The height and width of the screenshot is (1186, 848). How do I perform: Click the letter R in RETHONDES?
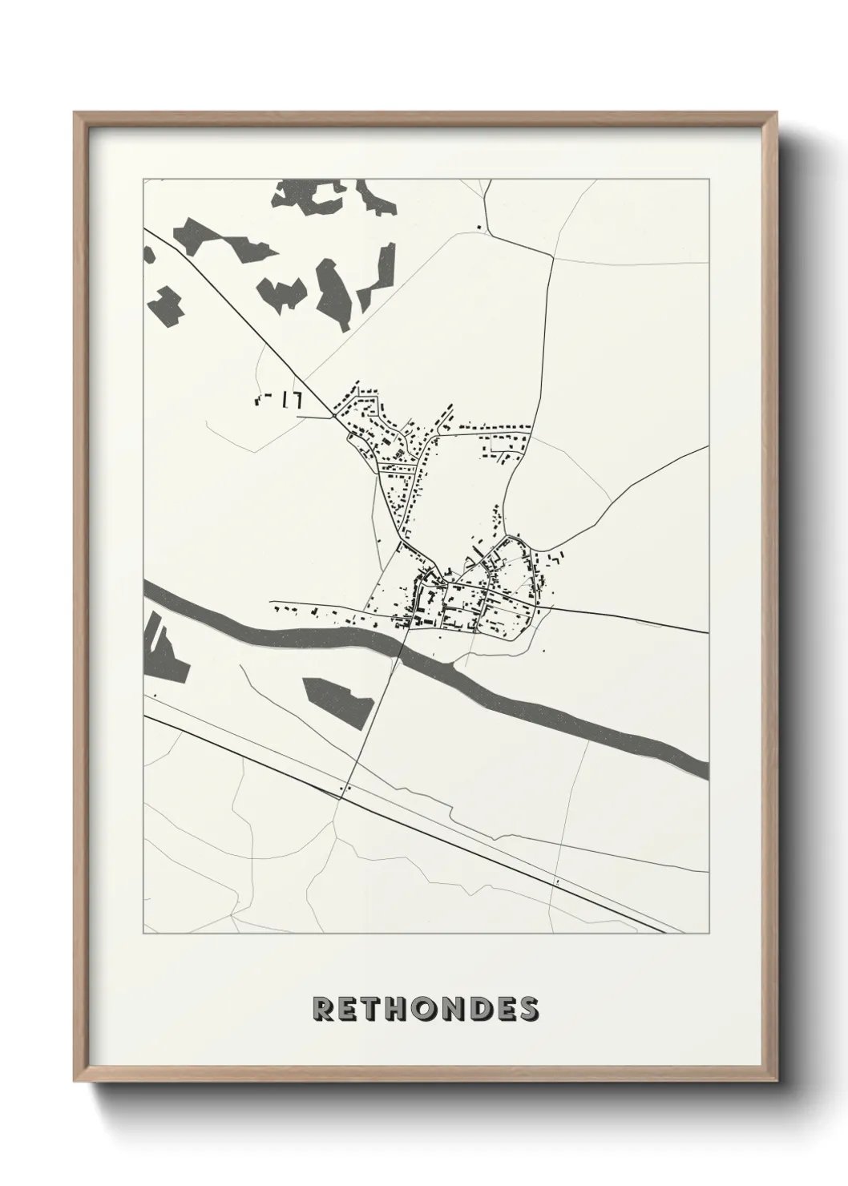(323, 1009)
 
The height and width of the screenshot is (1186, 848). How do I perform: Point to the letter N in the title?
(450, 1009)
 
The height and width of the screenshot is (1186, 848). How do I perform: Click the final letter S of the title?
(528, 1009)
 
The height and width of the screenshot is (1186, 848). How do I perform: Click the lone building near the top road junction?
(479, 228)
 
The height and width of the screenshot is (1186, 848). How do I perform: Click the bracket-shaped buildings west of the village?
(277, 399)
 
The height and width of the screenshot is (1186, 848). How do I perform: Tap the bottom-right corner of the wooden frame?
(775, 1084)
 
